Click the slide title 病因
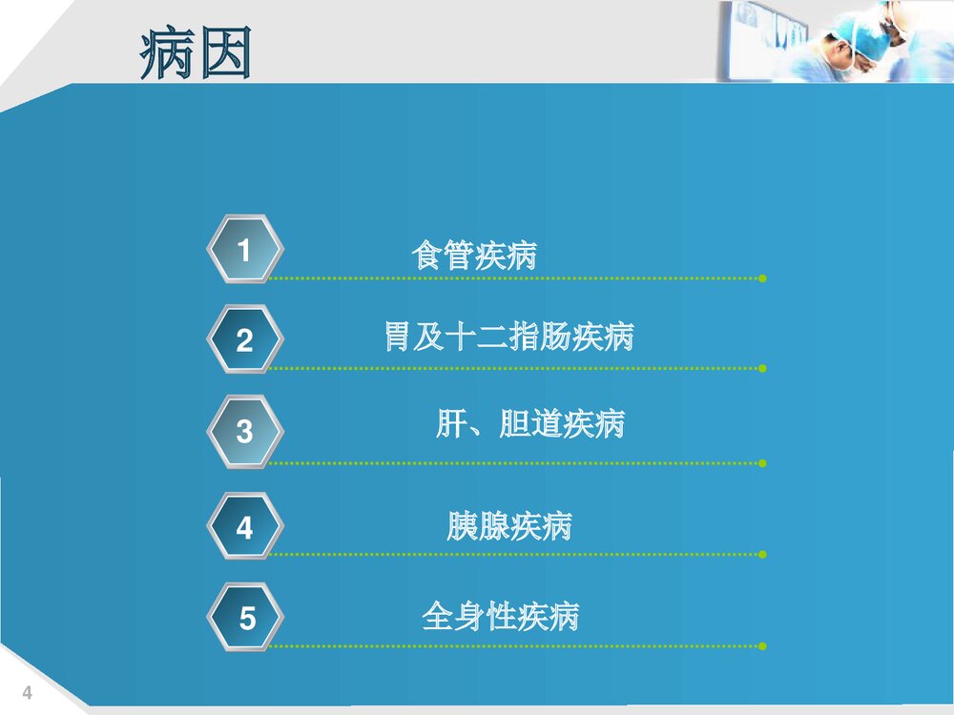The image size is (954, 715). pyautogui.click(x=196, y=52)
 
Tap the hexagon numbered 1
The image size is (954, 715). pyautogui.click(x=245, y=251)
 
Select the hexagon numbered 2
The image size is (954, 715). pyautogui.click(x=245, y=339)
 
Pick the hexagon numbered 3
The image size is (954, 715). pyautogui.click(x=245, y=431)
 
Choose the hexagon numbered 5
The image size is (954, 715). pyautogui.click(x=246, y=618)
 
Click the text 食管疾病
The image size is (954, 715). pyautogui.click(x=474, y=255)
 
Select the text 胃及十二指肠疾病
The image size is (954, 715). pyautogui.click(x=508, y=337)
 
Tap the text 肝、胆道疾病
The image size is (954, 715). pyautogui.click(x=529, y=423)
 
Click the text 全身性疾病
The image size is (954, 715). pyautogui.click(x=500, y=617)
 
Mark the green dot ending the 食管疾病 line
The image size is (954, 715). pyautogui.click(x=762, y=278)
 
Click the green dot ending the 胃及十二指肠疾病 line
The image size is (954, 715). pyautogui.click(x=762, y=368)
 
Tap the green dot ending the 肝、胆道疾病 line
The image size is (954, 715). pyautogui.click(x=762, y=463)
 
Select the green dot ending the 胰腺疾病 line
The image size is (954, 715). pyautogui.click(x=762, y=554)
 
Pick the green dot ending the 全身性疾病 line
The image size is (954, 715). pyautogui.click(x=762, y=646)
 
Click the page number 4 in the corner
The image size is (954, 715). pyautogui.click(x=27, y=693)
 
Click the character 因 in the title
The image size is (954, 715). pyautogui.click(x=224, y=52)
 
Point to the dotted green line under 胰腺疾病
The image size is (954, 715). pyautogui.click(x=515, y=554)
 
